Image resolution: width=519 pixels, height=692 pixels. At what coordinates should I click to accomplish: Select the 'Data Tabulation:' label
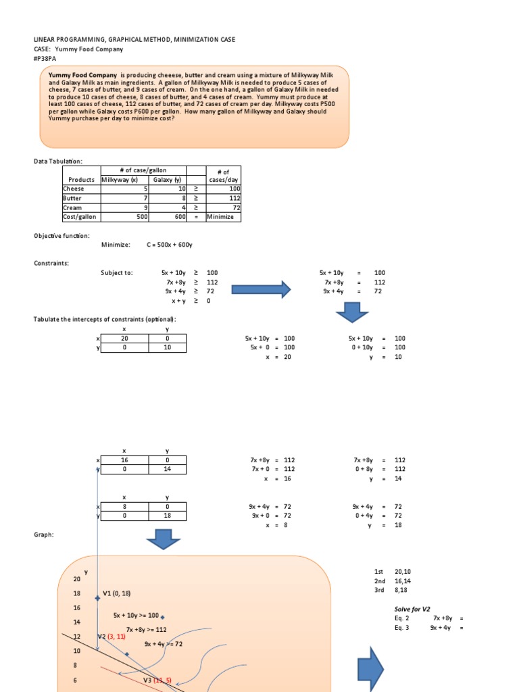(59, 161)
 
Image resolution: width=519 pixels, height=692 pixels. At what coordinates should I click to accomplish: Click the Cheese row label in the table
(74, 189)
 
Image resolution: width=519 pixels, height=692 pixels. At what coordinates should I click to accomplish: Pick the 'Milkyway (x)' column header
(119, 180)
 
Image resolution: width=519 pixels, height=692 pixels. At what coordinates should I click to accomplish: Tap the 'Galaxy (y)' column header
(167, 180)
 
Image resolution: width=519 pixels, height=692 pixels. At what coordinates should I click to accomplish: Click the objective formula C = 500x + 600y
(174, 244)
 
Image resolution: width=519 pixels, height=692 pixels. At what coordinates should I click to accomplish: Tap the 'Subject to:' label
(117, 272)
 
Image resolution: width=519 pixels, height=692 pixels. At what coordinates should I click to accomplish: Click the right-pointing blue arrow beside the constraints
(261, 290)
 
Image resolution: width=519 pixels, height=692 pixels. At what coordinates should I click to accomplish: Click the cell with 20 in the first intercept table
(124, 338)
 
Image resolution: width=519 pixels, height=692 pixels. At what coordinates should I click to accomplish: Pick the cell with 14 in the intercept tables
(167, 468)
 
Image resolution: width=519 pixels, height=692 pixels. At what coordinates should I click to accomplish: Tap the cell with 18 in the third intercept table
(167, 515)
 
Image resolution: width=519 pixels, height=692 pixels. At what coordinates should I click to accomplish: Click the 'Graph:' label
(43, 534)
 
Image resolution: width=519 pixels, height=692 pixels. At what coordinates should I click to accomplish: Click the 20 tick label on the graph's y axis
(76, 579)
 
